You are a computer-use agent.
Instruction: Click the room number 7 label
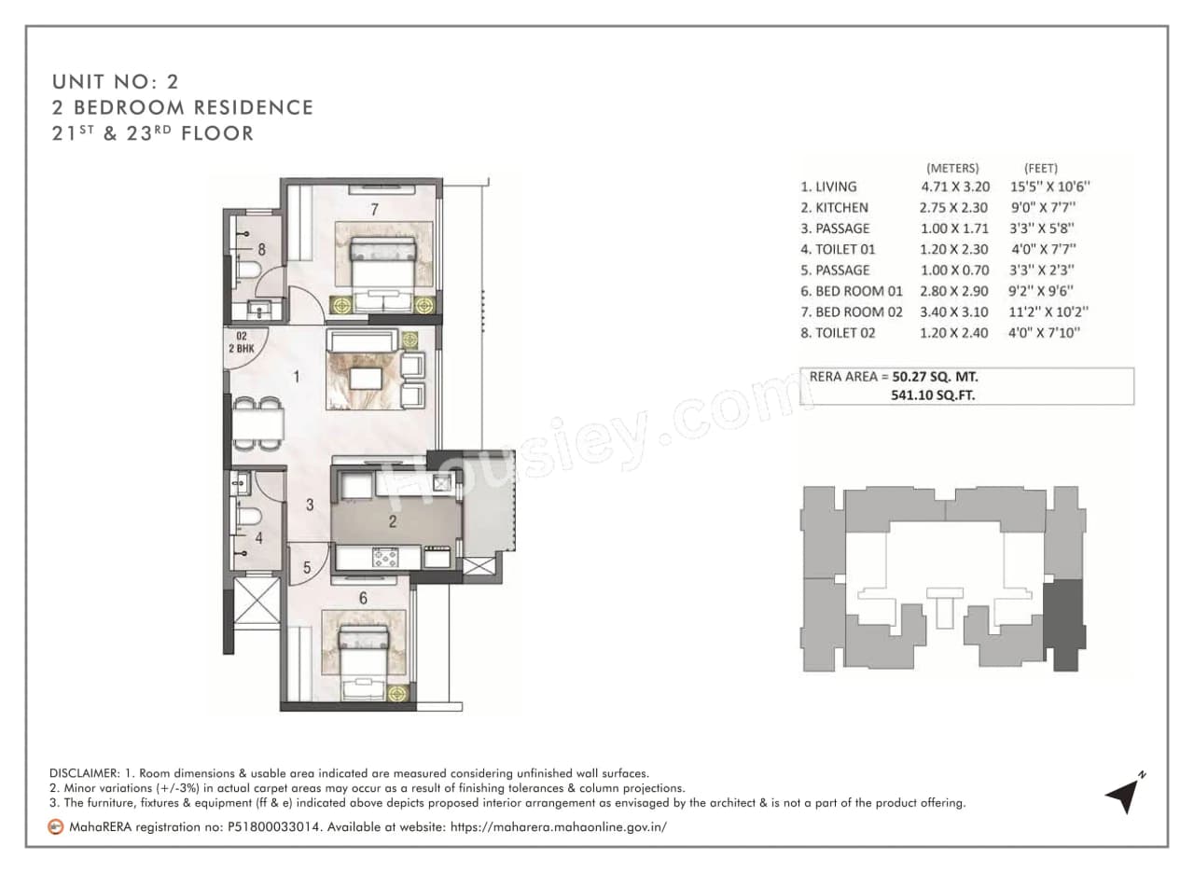coord(374,210)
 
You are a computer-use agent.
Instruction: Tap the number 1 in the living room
coord(296,378)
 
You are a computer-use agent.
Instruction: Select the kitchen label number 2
coord(393,521)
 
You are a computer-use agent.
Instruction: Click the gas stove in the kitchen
coord(384,557)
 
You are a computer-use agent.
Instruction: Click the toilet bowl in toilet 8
coord(247,270)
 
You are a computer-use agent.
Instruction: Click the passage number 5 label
coord(306,566)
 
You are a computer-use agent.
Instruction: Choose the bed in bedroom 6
coord(362,658)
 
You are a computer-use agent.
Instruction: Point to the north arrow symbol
coord(1124,793)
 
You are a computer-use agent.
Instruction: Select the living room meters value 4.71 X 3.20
coord(955,187)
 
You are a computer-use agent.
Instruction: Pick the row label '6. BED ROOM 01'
coord(852,291)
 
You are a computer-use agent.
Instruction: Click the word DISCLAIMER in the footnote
coord(83,774)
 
